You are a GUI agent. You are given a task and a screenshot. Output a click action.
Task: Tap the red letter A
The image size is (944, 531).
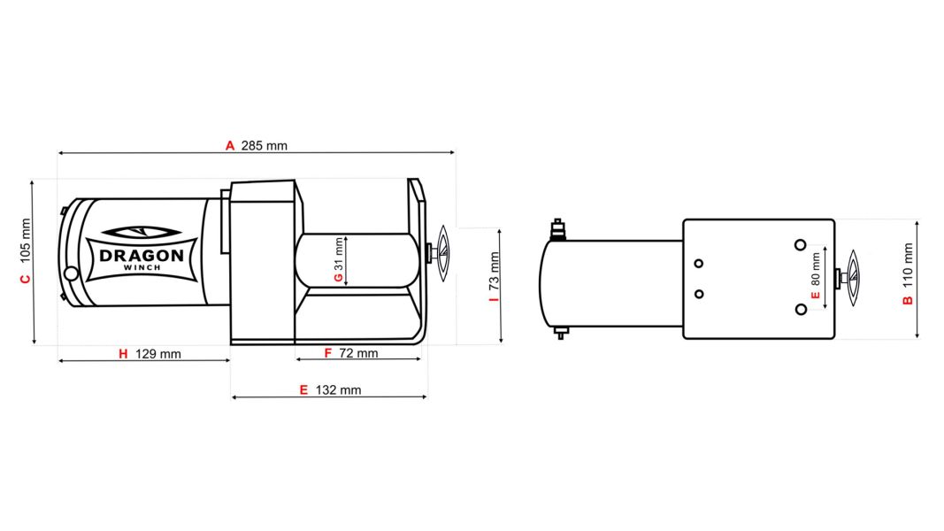[x=230, y=146]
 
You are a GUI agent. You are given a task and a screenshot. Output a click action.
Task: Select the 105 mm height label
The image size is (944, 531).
[x=25, y=239]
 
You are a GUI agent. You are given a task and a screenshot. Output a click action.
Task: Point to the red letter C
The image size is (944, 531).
[x=25, y=280]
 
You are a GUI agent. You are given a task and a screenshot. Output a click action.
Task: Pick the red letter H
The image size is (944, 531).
[x=124, y=354]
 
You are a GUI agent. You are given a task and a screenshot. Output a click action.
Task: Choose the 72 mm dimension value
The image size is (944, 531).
[x=358, y=353]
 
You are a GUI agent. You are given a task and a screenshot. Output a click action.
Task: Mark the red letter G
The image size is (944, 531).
[x=338, y=278]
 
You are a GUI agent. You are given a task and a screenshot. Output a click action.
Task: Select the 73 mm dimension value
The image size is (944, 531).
[x=495, y=272]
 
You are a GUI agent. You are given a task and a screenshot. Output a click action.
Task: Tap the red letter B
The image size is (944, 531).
[x=908, y=300]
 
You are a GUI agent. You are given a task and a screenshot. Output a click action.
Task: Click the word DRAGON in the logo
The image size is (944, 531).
[x=142, y=256]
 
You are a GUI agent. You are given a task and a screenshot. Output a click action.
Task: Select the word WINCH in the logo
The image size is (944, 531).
[x=142, y=268]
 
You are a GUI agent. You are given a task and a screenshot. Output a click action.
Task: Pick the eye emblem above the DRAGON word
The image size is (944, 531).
[x=142, y=233]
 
